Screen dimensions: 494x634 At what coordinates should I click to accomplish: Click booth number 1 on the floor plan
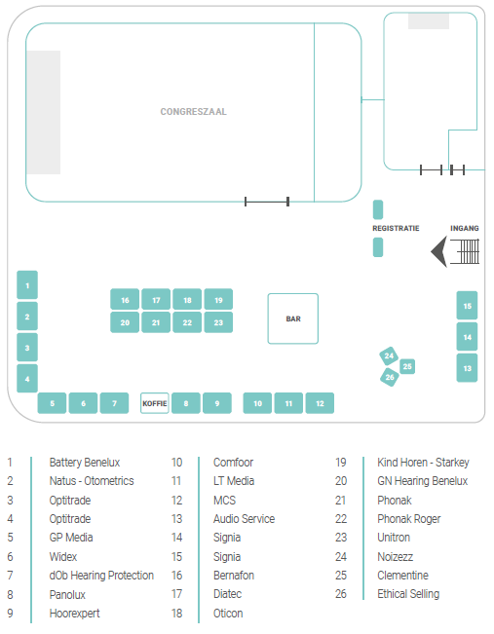(x=27, y=285)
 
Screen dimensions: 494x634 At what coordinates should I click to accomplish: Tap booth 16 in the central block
(x=125, y=300)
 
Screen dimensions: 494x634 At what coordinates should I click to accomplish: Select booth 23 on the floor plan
(x=218, y=322)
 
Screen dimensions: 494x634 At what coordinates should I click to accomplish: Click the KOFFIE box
(x=155, y=403)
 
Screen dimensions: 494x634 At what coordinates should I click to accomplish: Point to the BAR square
(x=293, y=318)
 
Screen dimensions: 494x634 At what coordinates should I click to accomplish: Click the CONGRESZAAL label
(x=193, y=112)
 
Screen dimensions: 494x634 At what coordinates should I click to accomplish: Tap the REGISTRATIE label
(x=396, y=229)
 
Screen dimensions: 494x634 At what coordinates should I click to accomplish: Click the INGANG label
(x=465, y=229)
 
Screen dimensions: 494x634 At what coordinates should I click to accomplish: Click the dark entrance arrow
(x=439, y=251)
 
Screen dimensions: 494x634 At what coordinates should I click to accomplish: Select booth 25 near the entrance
(x=407, y=366)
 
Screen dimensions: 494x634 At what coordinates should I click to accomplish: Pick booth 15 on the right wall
(x=467, y=306)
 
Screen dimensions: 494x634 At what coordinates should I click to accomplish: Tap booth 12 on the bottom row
(x=320, y=403)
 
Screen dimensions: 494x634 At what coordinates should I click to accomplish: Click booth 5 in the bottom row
(x=52, y=403)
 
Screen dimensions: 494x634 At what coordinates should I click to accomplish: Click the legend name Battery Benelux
(x=85, y=463)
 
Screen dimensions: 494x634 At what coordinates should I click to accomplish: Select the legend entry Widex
(x=63, y=557)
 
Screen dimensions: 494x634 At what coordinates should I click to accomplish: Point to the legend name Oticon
(x=228, y=614)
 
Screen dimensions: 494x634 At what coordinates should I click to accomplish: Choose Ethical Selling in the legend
(x=408, y=594)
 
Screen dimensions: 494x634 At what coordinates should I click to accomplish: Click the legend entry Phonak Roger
(x=409, y=519)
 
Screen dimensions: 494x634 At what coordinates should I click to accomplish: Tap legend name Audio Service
(x=244, y=519)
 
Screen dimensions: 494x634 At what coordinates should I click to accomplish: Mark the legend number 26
(x=341, y=594)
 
